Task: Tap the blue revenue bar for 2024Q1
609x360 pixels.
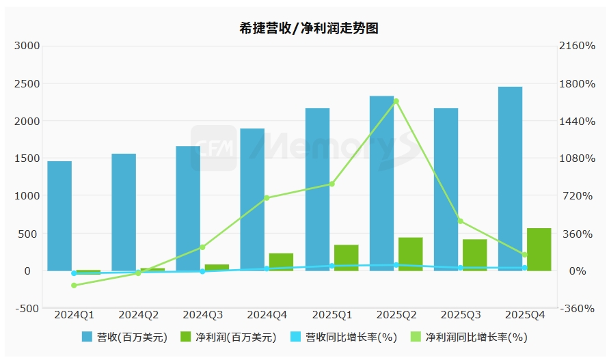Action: pyautogui.click(x=59, y=215)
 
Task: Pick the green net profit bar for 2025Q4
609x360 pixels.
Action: pyautogui.click(x=539, y=249)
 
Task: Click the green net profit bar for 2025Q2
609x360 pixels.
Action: pyautogui.click(x=410, y=253)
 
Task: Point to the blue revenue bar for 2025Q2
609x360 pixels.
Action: pyautogui.click(x=381, y=183)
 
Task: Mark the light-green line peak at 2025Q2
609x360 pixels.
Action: pyautogui.click(x=396, y=101)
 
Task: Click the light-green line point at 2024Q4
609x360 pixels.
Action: pyautogui.click(x=267, y=198)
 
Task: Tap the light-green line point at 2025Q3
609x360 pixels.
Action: pyautogui.click(x=461, y=221)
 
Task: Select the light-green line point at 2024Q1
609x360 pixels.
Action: pyautogui.click(x=74, y=286)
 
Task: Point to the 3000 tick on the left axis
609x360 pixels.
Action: pyautogui.click(x=27, y=46)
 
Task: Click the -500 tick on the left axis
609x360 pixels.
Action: pyautogui.click(x=27, y=308)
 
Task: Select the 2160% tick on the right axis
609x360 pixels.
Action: pyautogui.click(x=578, y=46)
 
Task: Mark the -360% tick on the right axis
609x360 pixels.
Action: pyautogui.click(x=578, y=308)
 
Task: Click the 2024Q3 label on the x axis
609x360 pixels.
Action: pyautogui.click(x=202, y=315)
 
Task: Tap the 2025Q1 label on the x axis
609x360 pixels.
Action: pyautogui.click(x=331, y=315)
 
